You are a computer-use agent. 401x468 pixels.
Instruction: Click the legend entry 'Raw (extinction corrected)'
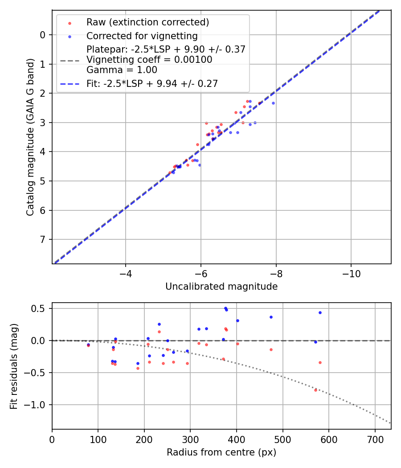click(x=147, y=22)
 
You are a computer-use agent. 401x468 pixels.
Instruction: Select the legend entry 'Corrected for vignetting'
click(x=142, y=36)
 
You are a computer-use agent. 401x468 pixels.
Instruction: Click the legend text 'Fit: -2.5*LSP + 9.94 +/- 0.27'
click(x=152, y=83)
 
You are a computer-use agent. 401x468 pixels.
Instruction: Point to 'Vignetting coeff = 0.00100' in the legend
click(x=149, y=60)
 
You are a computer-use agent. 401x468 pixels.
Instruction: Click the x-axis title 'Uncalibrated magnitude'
click(x=221, y=287)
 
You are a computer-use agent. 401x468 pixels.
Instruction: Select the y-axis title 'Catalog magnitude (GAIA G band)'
click(x=30, y=136)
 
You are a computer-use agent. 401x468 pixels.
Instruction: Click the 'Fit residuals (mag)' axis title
click(x=14, y=365)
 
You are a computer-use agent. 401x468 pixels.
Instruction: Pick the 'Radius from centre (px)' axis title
click(x=221, y=452)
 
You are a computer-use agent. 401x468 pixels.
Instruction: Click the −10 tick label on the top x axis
click(x=351, y=273)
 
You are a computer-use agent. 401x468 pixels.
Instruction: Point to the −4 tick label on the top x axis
click(x=126, y=273)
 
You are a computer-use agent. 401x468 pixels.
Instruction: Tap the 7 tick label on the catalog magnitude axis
click(x=43, y=239)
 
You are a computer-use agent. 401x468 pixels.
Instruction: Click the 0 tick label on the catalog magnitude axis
click(x=43, y=35)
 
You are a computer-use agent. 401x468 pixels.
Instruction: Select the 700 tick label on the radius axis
click(x=375, y=439)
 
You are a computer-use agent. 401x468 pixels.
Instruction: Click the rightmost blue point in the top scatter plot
click(x=273, y=103)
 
